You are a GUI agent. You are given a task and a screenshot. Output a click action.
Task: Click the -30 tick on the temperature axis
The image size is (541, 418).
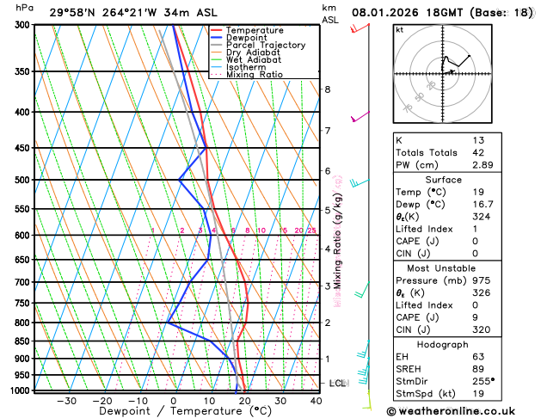(65, 401)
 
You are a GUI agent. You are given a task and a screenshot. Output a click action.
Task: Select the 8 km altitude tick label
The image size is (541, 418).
(328, 89)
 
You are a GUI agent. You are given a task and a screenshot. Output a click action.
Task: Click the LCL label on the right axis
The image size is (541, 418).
(337, 383)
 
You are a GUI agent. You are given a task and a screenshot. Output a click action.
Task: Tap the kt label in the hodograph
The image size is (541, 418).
(399, 30)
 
